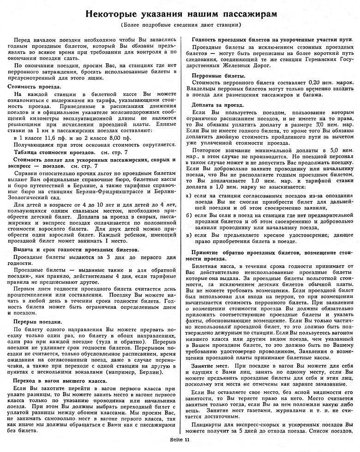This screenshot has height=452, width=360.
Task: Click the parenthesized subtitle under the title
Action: [181, 25]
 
